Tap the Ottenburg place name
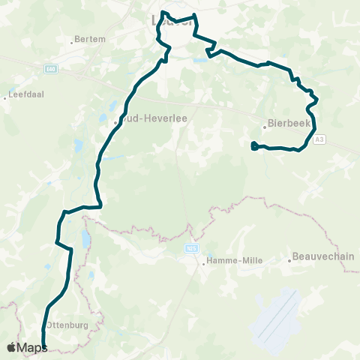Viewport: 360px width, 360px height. point(69,325)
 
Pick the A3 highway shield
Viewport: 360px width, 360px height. point(320,139)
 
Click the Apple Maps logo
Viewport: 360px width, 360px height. point(27,347)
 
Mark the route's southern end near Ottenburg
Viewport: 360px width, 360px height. point(44,347)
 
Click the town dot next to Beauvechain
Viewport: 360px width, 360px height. point(290,260)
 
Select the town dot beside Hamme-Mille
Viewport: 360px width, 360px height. point(203,262)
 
